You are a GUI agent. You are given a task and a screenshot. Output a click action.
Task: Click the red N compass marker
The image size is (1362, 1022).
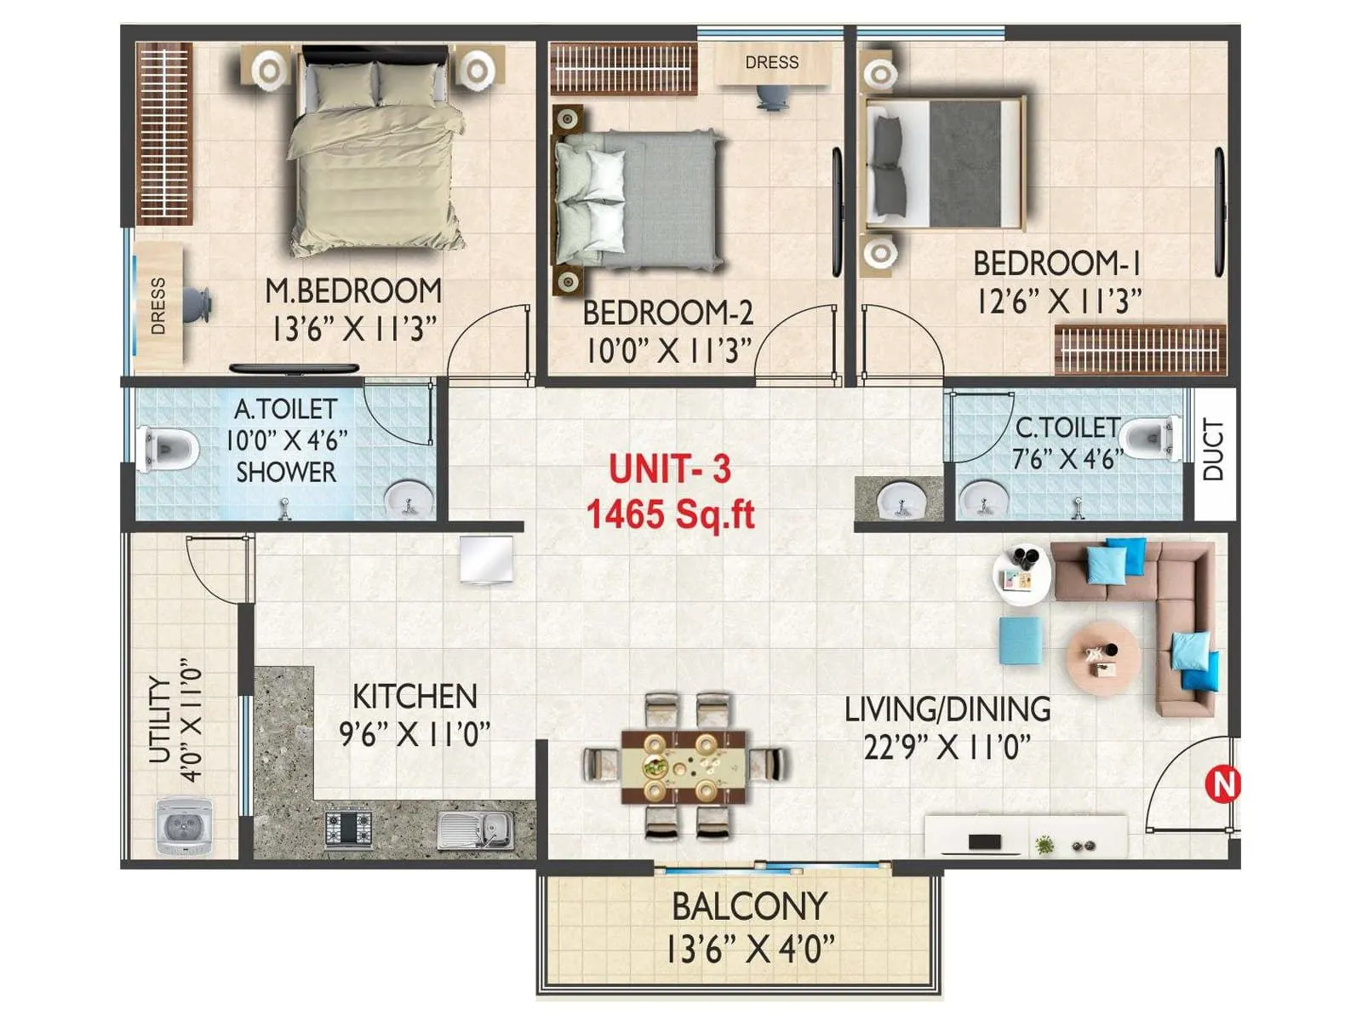click(x=1224, y=783)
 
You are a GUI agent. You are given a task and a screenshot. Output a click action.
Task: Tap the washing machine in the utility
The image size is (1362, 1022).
click(x=184, y=825)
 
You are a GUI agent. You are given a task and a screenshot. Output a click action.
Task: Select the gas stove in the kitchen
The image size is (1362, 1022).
click(x=349, y=828)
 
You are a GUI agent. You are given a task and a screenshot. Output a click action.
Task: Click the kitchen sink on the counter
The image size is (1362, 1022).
click(x=475, y=829)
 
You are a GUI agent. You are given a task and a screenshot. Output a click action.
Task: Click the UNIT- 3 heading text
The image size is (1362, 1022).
click(x=670, y=469)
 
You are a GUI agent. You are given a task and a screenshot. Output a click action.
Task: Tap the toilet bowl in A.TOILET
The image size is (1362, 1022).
click(x=168, y=446)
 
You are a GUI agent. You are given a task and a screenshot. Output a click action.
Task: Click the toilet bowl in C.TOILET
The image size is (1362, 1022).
click(x=1149, y=439)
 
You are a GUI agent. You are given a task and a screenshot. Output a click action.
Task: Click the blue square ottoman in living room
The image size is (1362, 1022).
click(x=1020, y=640)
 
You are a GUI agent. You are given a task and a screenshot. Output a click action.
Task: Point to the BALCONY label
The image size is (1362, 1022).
click(x=749, y=906)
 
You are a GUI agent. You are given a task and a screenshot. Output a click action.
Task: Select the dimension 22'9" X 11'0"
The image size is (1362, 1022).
click(x=947, y=747)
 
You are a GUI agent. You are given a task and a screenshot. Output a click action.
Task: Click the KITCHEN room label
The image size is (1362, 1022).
click(x=415, y=696)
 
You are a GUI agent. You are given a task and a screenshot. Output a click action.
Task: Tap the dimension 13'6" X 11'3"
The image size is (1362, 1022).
click(x=353, y=328)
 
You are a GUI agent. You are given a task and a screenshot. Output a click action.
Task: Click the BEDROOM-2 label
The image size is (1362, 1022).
click(x=668, y=313)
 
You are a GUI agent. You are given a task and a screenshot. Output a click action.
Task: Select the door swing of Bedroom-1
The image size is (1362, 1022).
click(x=902, y=341)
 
